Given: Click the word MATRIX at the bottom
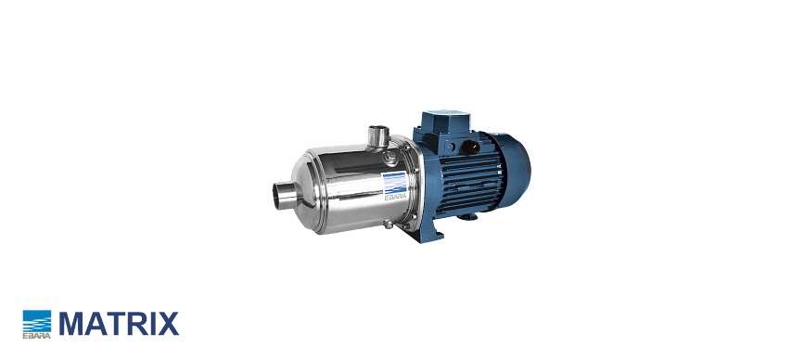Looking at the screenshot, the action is [x=119, y=324].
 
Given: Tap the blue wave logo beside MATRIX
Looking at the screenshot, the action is [x=37, y=321].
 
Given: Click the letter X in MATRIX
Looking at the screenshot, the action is [x=169, y=324].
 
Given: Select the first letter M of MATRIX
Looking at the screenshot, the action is [x=70, y=324].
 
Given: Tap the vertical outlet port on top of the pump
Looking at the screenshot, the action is [x=379, y=136].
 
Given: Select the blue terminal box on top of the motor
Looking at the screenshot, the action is [x=440, y=122].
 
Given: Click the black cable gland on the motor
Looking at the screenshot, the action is [x=470, y=148].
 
